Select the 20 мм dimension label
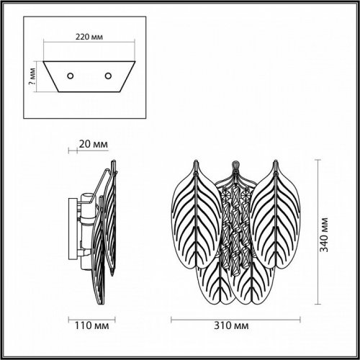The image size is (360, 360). coord(94,144)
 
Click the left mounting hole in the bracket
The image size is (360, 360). coord(70,76)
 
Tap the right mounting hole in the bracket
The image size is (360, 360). coord(109,76)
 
